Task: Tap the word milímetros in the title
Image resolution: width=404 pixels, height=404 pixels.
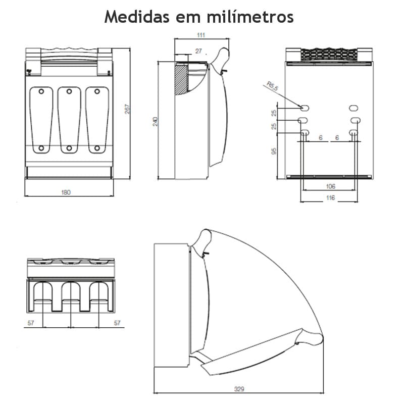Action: pos(250,16)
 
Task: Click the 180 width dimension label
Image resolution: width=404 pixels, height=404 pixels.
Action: pos(66,192)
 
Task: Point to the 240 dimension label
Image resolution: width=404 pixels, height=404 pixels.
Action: pos(156,121)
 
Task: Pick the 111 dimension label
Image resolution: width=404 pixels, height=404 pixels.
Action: pos(200,35)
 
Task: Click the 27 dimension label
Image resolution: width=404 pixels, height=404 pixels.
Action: pos(198,52)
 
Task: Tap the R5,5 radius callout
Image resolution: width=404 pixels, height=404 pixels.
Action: pos(273,87)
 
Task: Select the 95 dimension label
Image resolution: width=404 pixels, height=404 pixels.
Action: pos(274,151)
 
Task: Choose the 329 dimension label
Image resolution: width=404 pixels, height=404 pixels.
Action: pos(239,389)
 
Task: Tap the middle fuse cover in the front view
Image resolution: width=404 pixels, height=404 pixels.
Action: pos(69,120)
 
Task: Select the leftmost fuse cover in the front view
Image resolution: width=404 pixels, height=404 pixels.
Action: pos(41,120)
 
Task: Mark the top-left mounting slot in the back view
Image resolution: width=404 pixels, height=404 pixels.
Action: pos(305,108)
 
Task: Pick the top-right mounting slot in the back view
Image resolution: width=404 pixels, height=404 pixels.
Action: pos(353,108)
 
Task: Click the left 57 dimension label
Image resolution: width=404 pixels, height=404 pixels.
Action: pos(31,323)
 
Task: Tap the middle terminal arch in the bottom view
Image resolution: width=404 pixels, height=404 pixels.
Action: pos(71,295)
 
